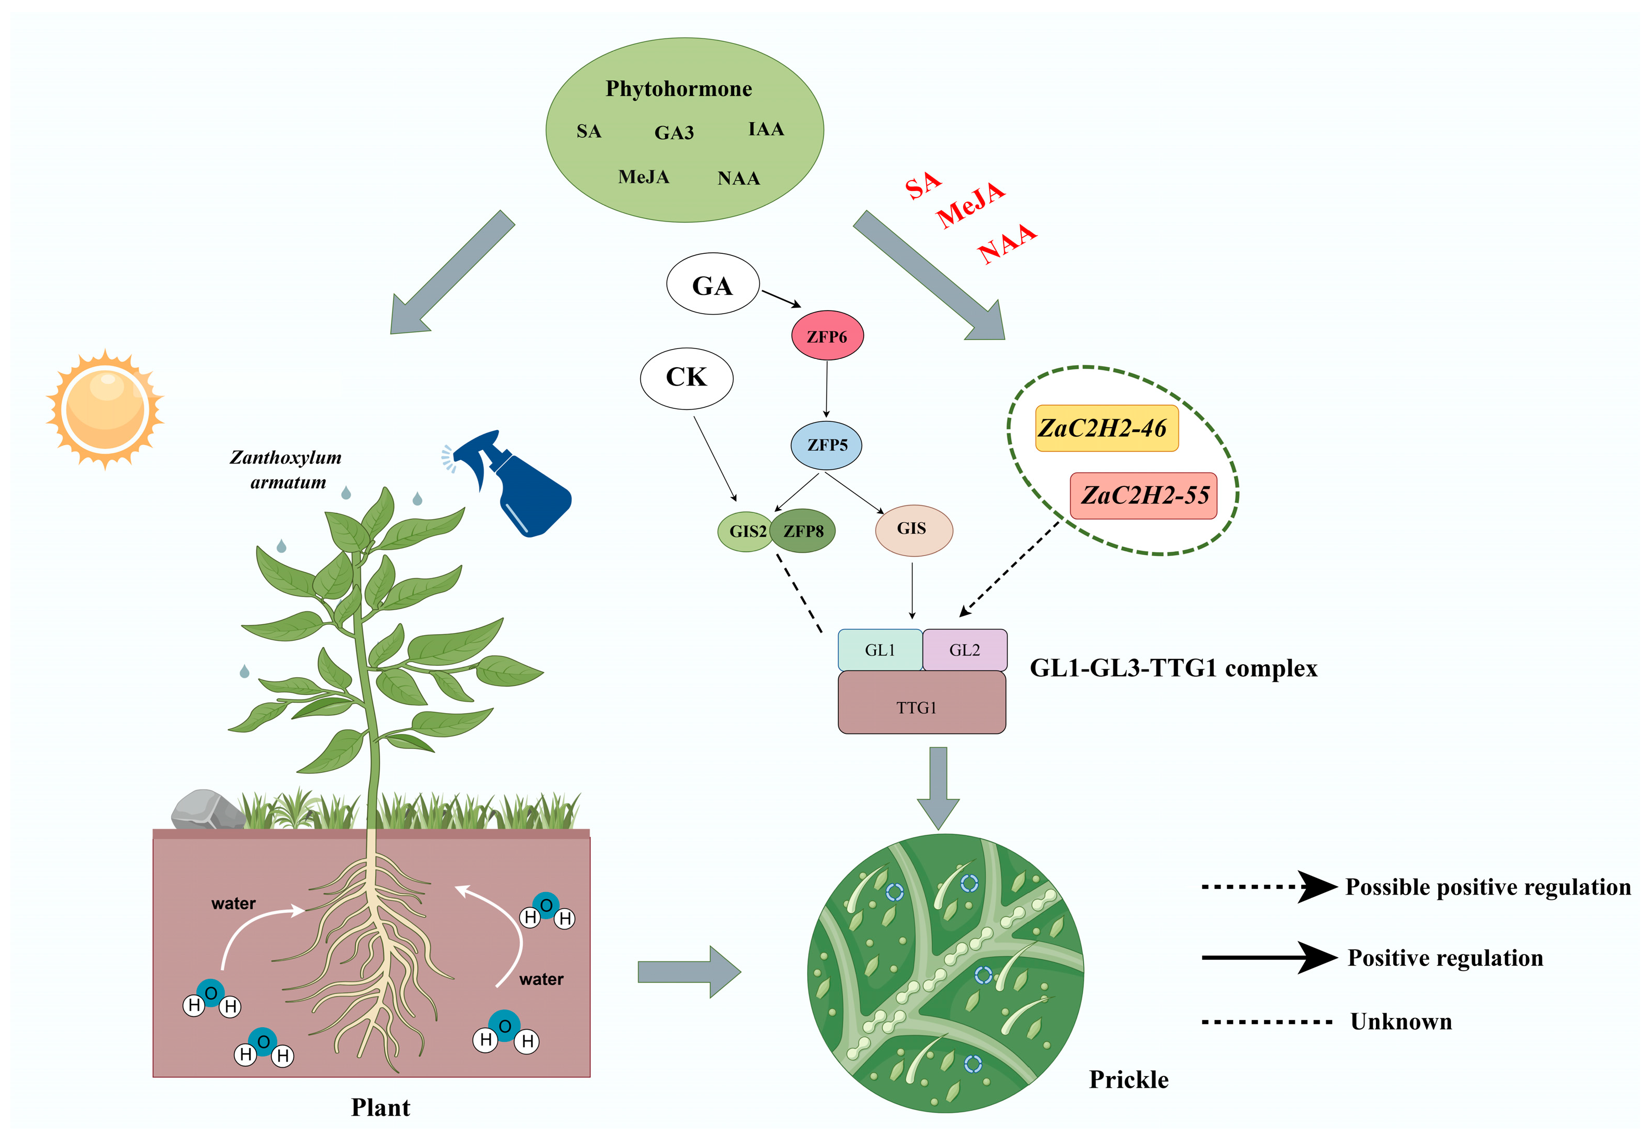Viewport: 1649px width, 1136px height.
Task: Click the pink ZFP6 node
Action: (826, 335)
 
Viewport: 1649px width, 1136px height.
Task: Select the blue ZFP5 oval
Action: (826, 445)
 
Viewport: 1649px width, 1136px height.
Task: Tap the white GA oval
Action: (712, 284)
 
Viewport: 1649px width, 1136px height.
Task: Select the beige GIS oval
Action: (913, 529)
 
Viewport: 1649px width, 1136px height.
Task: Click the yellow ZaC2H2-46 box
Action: (1105, 428)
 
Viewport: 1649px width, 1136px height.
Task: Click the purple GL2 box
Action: (964, 649)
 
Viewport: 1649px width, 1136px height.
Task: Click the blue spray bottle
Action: (523, 484)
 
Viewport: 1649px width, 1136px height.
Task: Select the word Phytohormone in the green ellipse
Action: (678, 88)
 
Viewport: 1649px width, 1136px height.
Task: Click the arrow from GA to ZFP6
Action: (781, 298)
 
